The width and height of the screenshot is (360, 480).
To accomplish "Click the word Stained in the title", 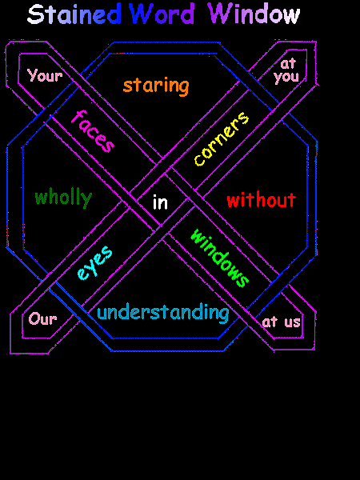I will pos(74,14).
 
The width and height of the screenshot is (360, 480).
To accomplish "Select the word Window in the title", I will pos(254,14).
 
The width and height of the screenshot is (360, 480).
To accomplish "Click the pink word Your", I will pos(44,76).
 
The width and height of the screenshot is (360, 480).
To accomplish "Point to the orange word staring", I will pos(156,86).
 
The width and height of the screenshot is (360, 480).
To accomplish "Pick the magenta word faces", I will pos(93,131).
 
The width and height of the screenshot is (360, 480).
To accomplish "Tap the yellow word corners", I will pos(222,139).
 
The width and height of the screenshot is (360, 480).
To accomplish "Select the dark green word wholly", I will pos(63,198).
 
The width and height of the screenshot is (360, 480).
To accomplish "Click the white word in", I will pos(160,202).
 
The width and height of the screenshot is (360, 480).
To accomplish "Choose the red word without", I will pos(261,200).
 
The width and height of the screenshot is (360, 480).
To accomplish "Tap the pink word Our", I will pos(43,318).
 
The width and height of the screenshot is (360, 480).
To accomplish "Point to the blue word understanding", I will pos(162,313).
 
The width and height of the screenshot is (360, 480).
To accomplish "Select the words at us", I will pos(282,322).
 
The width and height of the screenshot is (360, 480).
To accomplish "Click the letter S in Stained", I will pos(35,14).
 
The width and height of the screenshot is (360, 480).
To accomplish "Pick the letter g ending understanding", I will pos(222,314).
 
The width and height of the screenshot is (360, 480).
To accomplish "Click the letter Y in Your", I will pos(33,76).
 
